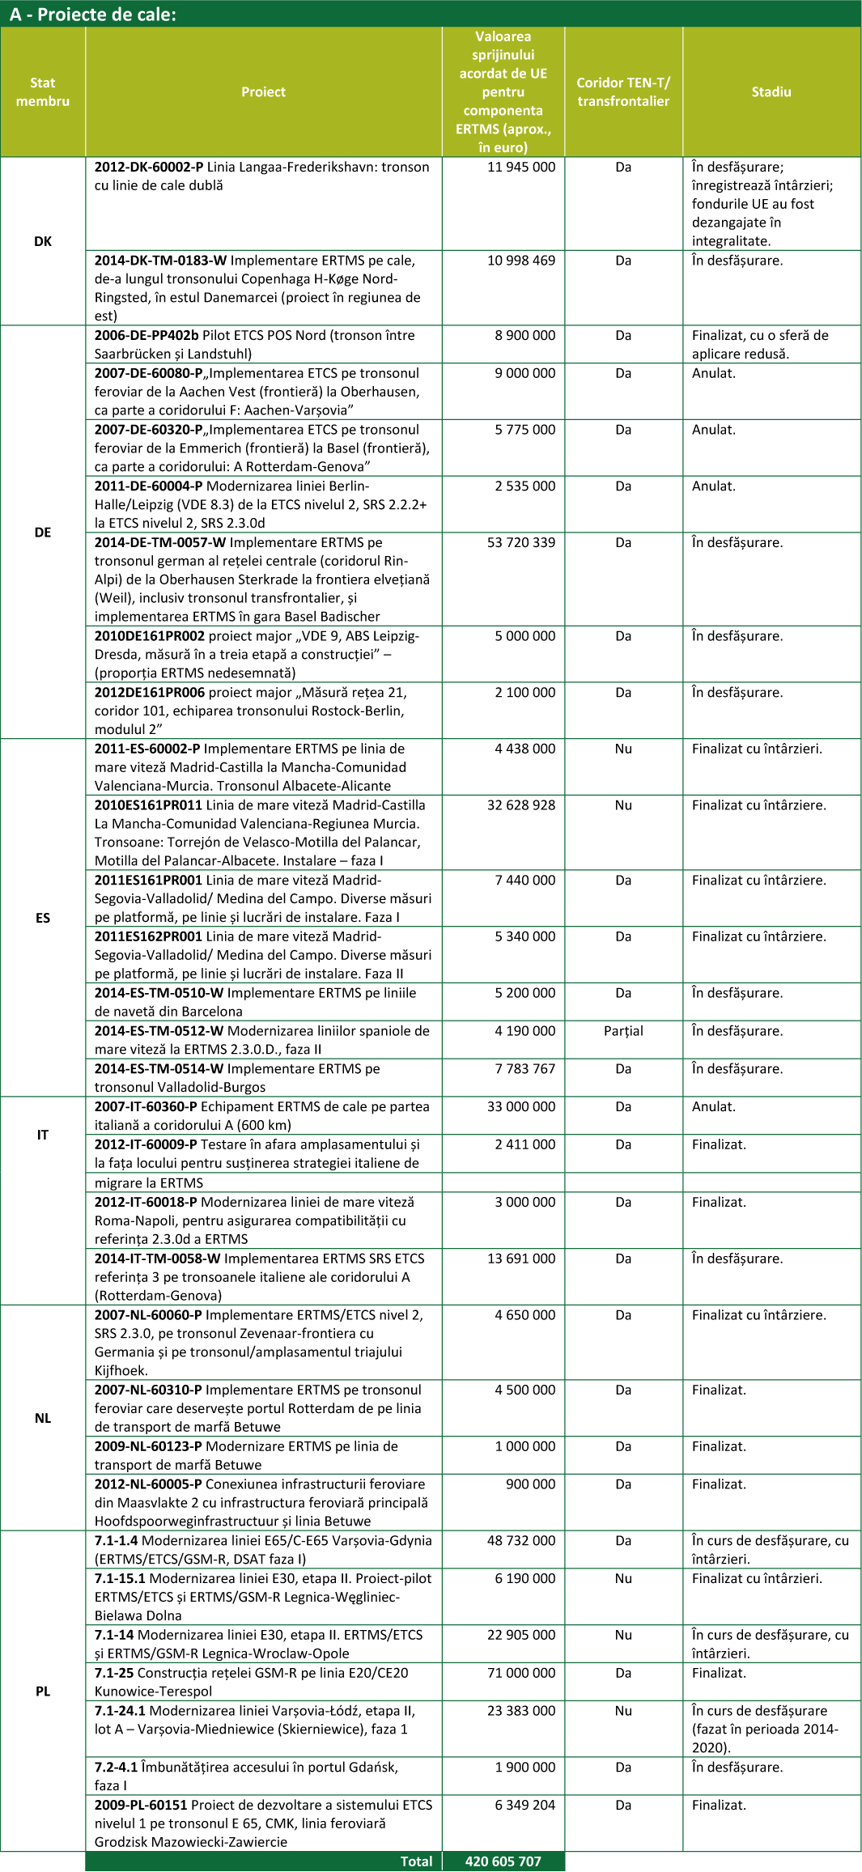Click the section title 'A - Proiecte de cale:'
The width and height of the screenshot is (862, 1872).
[x=92, y=14]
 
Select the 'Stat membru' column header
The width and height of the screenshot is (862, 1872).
[x=43, y=92]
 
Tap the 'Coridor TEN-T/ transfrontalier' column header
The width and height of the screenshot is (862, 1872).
[x=623, y=92]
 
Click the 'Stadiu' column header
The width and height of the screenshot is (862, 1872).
[x=771, y=92]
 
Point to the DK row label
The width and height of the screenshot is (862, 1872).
[x=43, y=241]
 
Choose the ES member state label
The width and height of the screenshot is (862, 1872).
[x=43, y=918]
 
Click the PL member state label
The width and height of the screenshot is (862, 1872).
[x=43, y=1691]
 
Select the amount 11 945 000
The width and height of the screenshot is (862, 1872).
[x=521, y=168]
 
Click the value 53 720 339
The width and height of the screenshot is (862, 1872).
[x=521, y=542]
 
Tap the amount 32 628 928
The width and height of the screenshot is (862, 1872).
[x=521, y=805]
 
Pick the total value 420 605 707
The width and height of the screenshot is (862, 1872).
[x=503, y=1861]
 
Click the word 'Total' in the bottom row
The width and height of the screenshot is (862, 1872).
[x=416, y=1861]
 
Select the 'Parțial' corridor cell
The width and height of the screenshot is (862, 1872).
[x=623, y=1031]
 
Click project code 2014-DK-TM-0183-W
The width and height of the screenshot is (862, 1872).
[x=160, y=261]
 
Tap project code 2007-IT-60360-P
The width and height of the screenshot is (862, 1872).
[x=146, y=1106]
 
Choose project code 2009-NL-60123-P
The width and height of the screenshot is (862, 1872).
[x=148, y=1446]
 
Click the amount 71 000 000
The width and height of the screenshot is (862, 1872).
[x=521, y=1673]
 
